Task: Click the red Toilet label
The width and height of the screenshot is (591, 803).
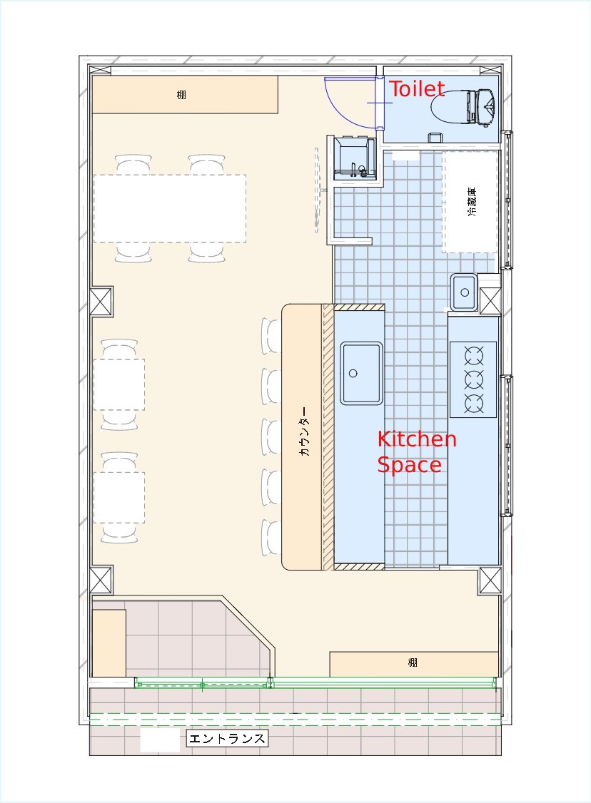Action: (417, 89)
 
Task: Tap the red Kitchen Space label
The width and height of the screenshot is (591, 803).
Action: (417, 451)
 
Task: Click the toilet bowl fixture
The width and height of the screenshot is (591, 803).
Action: (463, 107)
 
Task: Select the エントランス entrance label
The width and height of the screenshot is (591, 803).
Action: (227, 739)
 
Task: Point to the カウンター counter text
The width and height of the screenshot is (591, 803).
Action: (304, 431)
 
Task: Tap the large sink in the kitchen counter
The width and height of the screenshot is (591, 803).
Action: (361, 373)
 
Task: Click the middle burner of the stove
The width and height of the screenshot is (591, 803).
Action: (474, 379)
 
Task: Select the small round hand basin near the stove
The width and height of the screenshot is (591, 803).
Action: (465, 292)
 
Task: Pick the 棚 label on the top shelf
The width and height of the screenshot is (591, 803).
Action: (181, 95)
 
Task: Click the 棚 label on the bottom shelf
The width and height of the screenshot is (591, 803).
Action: (413, 663)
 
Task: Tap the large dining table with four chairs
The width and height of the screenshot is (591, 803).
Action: (170, 208)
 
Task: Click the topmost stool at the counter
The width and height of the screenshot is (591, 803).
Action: (271, 336)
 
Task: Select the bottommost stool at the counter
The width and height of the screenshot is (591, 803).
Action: (271, 537)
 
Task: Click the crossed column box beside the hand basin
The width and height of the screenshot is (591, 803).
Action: (490, 301)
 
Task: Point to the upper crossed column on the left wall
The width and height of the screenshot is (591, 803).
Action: (101, 302)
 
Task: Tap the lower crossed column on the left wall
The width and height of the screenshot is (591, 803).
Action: (101, 580)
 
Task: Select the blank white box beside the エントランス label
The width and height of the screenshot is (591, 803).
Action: (160, 741)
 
